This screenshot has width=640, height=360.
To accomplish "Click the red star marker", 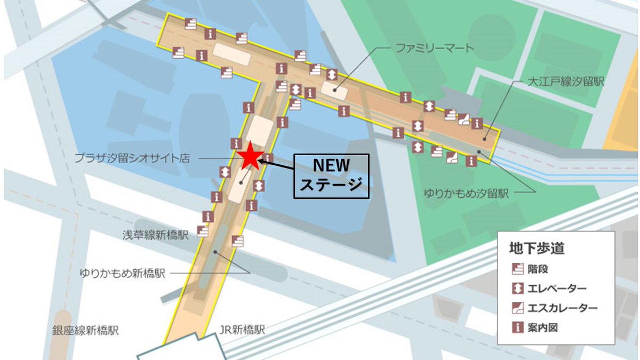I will (250, 156).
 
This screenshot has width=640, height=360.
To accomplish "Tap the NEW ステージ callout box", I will (332, 177).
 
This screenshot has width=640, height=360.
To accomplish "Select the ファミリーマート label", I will (434, 49).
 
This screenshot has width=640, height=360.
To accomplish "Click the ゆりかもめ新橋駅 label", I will (123, 274).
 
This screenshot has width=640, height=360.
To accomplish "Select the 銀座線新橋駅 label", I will (85, 331).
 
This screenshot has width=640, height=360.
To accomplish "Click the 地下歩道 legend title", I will (537, 248).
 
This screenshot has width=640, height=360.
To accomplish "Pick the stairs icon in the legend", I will (517, 269).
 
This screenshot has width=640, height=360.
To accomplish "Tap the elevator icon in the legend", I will (517, 289).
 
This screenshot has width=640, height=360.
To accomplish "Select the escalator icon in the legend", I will (517, 308).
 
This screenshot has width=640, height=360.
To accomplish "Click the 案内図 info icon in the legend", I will (517, 327).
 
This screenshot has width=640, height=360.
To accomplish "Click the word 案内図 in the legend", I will (542, 327).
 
